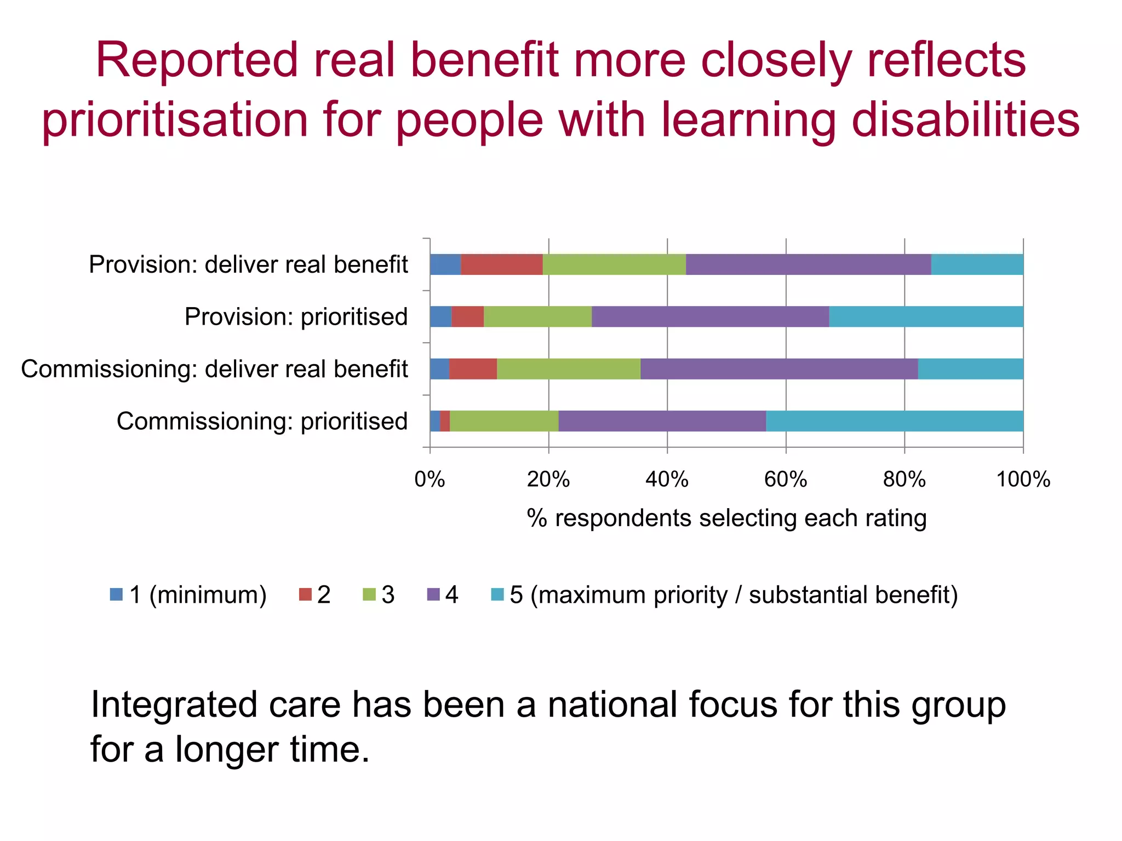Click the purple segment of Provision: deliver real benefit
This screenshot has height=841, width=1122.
tap(808, 264)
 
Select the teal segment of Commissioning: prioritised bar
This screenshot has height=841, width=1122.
tap(894, 421)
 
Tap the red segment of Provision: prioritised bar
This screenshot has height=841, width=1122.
tap(467, 316)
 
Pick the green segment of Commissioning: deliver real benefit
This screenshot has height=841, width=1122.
tap(569, 369)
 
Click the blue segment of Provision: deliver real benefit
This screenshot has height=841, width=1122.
tap(445, 264)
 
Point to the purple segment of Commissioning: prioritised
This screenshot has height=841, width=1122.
tap(662, 421)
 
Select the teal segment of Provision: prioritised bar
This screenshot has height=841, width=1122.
tap(926, 316)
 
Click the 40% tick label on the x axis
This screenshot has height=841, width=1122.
tap(667, 480)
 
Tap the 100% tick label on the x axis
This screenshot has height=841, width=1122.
tap(1023, 480)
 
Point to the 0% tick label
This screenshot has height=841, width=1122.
tap(430, 480)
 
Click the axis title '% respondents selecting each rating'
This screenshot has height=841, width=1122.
tap(726, 518)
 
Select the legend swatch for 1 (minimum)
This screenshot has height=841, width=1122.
tap(116, 594)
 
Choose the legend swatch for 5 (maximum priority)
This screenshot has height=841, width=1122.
tap(497, 594)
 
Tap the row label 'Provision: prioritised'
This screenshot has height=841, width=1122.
tap(296, 317)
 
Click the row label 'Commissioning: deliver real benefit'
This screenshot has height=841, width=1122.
tap(214, 369)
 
